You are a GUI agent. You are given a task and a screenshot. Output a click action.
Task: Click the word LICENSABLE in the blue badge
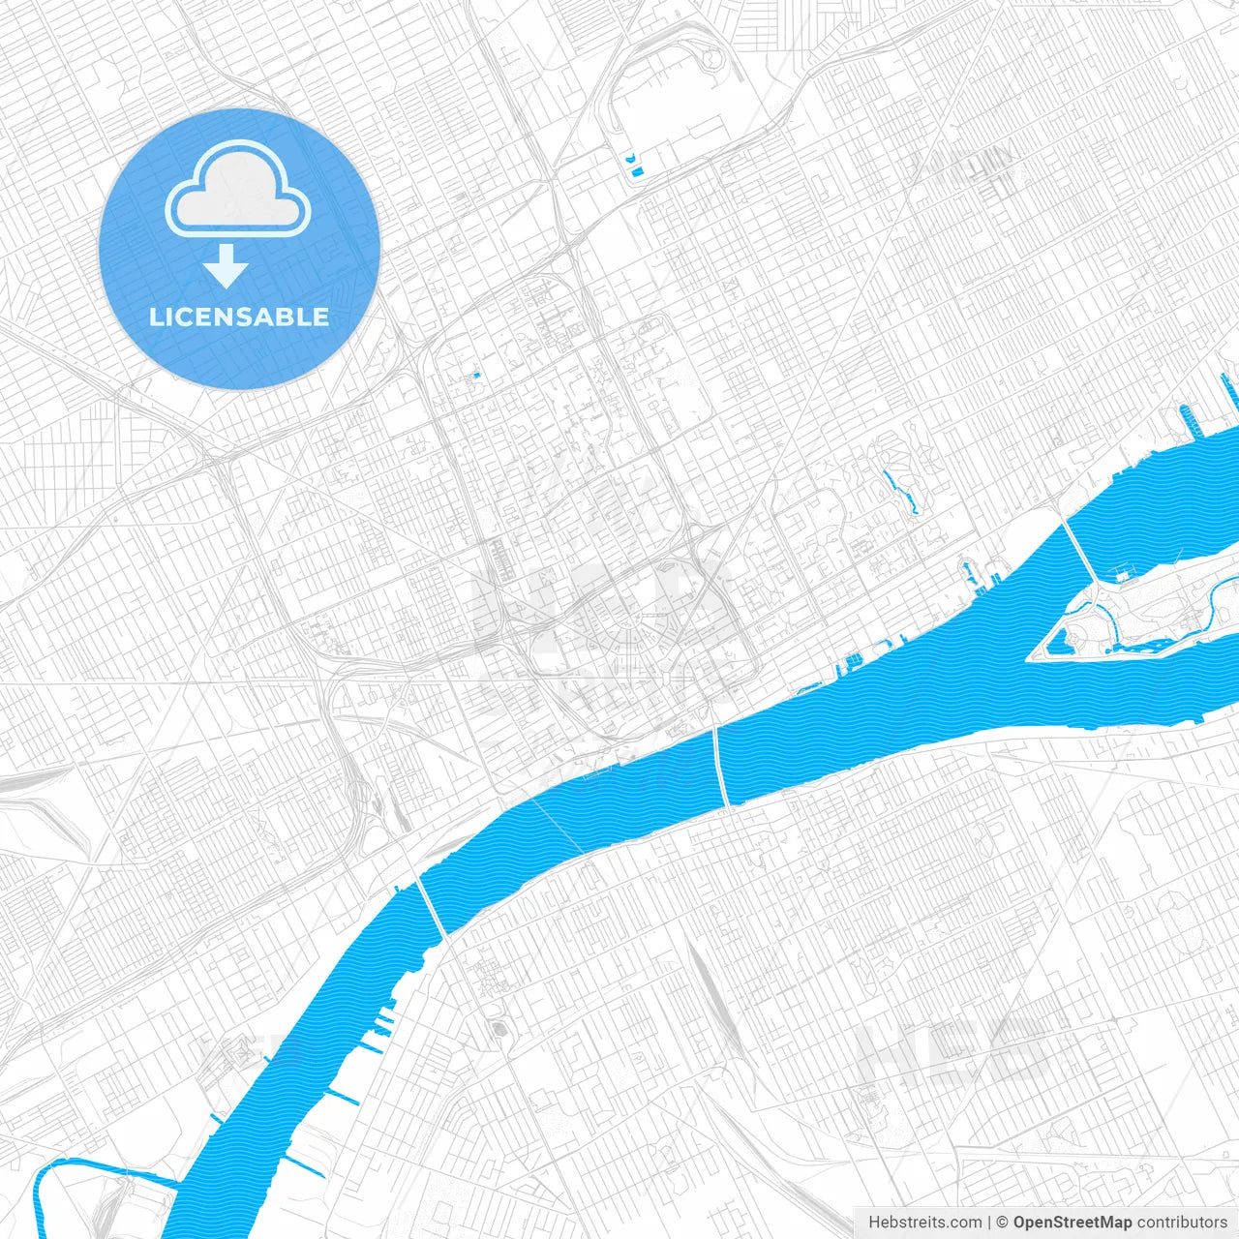point(239,317)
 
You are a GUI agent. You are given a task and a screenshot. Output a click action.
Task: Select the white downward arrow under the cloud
point(227,268)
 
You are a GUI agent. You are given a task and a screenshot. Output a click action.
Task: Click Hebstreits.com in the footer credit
point(925,1223)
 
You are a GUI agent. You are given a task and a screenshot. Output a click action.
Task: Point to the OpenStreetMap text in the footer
point(1073,1223)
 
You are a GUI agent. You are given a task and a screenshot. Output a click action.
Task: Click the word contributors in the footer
point(1182,1223)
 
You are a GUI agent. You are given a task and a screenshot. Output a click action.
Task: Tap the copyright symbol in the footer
point(1003,1223)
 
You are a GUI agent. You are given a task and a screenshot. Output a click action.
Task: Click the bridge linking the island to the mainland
point(1078,548)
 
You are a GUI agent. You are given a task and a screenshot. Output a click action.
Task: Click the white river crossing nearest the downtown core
point(721,765)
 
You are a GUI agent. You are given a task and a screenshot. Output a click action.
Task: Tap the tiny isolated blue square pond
point(474,375)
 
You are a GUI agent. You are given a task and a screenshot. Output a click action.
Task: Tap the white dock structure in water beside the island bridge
point(1123,575)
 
